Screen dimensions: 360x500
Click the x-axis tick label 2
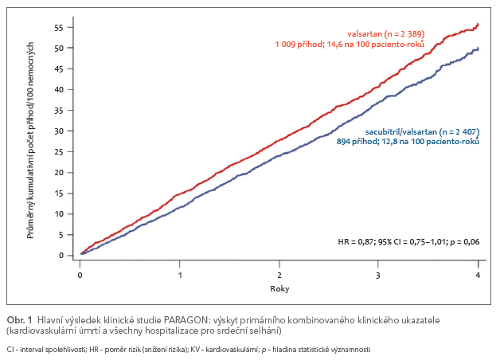tap(279, 275)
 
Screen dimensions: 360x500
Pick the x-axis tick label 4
tap(477, 275)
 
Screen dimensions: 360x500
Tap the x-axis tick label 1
tap(180, 275)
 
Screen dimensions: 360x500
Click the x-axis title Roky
tap(278, 288)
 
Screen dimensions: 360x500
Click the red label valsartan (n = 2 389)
tap(385, 35)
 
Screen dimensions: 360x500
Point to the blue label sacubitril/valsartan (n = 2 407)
tap(422, 131)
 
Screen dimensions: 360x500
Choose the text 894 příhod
tap(355, 141)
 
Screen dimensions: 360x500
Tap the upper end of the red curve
tap(477, 25)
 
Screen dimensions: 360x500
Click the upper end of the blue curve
tap(477, 49)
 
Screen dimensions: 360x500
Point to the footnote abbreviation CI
tap(10, 349)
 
